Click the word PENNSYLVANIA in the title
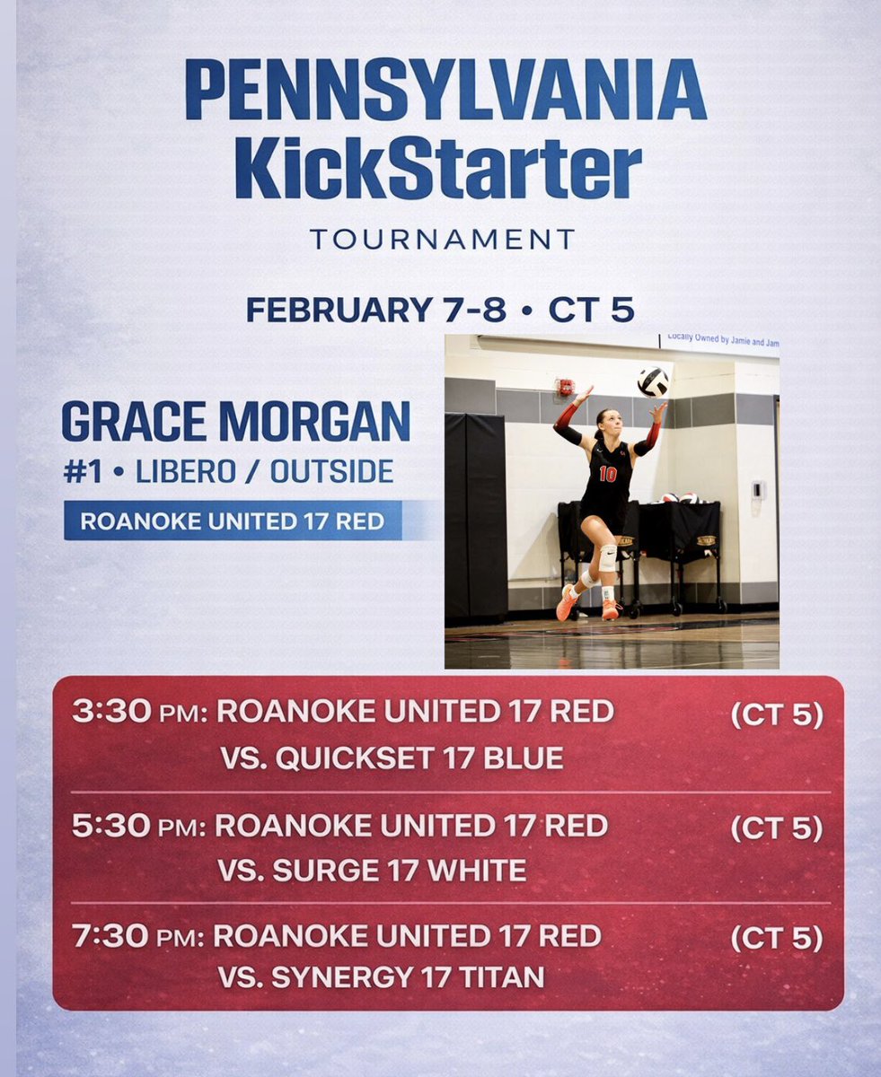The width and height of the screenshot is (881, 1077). click(x=445, y=91)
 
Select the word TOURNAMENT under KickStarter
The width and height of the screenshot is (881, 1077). click(x=441, y=240)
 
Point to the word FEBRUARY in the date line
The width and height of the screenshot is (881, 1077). click(x=339, y=310)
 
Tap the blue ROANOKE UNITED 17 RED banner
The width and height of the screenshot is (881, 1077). click(x=233, y=521)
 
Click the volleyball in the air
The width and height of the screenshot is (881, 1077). click(x=653, y=381)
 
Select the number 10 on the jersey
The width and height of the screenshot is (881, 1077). click(x=608, y=474)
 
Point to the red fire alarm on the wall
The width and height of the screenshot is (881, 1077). click(x=565, y=386)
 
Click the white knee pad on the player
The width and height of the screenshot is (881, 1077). click(x=607, y=557)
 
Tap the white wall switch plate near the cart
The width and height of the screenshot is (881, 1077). click(x=757, y=489)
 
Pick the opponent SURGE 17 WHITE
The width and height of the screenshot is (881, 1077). click(x=373, y=871)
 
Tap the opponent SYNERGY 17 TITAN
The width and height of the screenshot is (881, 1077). click(x=381, y=976)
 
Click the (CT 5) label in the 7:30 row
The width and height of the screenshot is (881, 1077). click(x=776, y=938)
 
